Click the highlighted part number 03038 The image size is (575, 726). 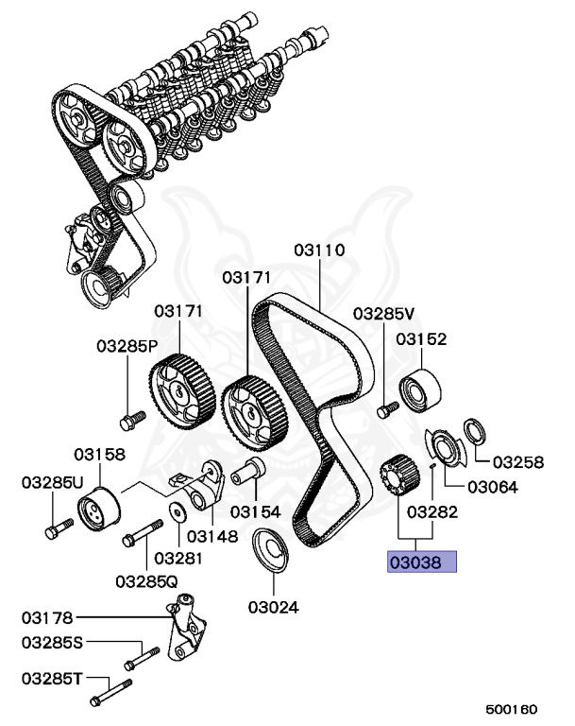click(x=421, y=563)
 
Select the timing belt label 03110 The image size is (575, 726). click(x=319, y=251)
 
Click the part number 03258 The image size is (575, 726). click(x=518, y=462)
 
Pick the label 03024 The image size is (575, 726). click(x=276, y=605)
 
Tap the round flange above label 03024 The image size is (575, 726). click(x=272, y=549)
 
